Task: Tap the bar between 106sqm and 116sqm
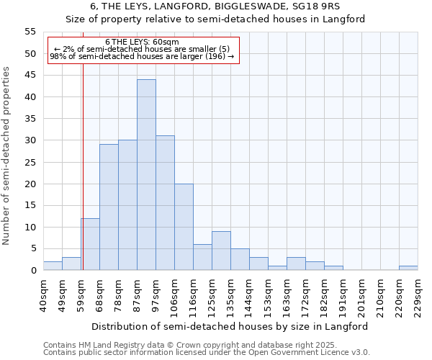[184, 227]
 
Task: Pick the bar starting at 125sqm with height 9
[221, 251]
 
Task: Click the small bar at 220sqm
[408, 268]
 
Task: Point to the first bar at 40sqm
[53, 266]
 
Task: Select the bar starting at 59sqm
[90, 244]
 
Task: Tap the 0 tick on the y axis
[33, 271]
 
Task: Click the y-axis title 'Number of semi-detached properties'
[7, 156]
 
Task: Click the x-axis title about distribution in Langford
[230, 326]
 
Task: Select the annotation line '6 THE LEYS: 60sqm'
[137, 42]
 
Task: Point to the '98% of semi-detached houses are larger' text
[142, 57]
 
